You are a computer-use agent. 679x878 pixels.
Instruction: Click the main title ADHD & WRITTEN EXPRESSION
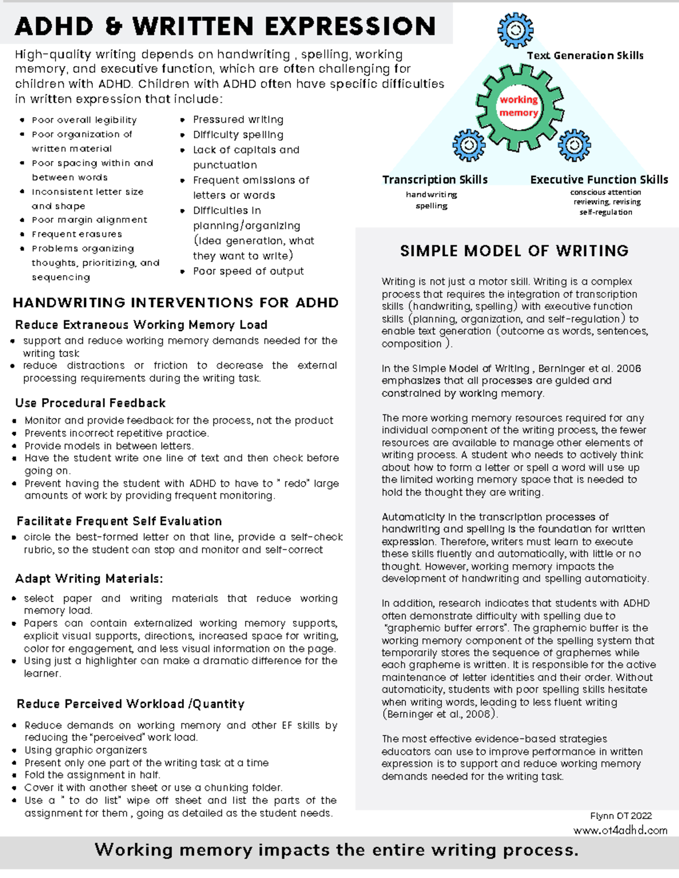tap(225, 27)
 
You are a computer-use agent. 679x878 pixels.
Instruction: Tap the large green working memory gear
tap(519, 107)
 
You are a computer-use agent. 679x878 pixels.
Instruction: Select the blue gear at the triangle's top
tap(515, 29)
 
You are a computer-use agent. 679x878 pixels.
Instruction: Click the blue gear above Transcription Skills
tap(469, 145)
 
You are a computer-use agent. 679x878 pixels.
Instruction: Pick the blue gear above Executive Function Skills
tap(574, 145)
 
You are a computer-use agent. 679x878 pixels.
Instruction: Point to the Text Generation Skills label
tap(585, 55)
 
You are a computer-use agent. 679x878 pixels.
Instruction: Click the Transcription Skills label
tap(435, 180)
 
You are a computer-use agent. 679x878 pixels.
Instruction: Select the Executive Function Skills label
tap(599, 180)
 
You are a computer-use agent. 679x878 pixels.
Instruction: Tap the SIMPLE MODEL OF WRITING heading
tap(514, 251)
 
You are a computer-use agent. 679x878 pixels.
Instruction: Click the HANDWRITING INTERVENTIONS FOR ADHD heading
tap(175, 302)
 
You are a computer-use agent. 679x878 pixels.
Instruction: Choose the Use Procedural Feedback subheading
tap(91, 403)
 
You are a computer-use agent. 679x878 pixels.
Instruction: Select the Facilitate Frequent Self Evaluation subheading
tap(119, 521)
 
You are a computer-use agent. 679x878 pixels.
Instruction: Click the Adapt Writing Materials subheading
tap(89, 579)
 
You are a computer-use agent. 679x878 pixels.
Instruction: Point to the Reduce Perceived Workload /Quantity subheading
tap(130, 704)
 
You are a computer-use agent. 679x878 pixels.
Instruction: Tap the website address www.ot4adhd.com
tap(620, 831)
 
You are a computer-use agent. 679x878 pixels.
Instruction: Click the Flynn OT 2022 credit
tap(621, 816)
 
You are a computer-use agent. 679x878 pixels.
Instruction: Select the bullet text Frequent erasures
tap(77, 234)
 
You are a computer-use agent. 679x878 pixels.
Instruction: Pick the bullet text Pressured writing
tap(238, 120)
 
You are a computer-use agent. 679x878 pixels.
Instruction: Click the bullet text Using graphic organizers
tap(85, 750)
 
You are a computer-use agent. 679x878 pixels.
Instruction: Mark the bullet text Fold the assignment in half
tap(92, 775)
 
